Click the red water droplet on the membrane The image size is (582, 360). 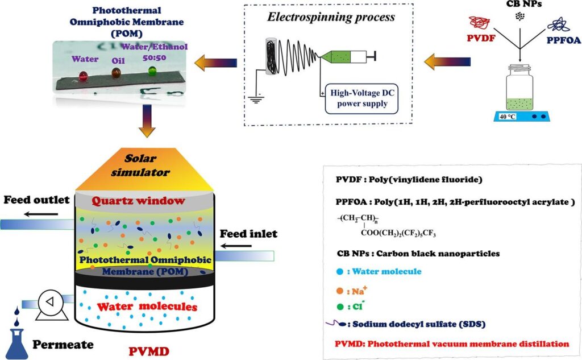tap(83, 75)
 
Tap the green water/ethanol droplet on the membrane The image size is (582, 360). tap(152, 71)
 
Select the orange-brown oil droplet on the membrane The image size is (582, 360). tap(117, 73)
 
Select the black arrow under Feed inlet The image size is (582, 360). tap(236, 246)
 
